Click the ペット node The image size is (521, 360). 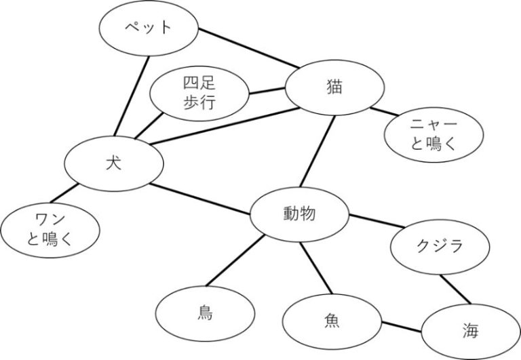[x=149, y=28]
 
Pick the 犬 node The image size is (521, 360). [x=113, y=163]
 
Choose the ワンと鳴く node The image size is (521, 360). [x=52, y=228]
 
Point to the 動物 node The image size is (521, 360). [x=300, y=215]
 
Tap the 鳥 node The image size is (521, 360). [x=206, y=313]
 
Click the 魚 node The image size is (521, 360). [x=332, y=319]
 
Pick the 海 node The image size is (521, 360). [x=470, y=332]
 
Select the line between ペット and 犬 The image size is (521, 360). [x=133, y=95]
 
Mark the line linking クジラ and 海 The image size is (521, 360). [x=455, y=289]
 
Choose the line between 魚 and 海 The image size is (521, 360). [x=402, y=327]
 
